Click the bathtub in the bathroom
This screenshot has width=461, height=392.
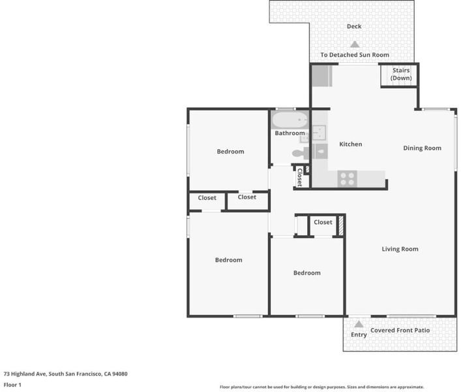[290, 120]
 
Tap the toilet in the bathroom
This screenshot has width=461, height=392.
[299, 153]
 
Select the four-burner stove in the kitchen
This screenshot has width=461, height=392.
[348, 179]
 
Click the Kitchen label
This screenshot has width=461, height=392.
[350, 144]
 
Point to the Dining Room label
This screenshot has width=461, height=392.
[422, 148]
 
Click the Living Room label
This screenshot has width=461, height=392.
[400, 249]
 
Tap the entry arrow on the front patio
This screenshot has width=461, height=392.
[359, 324]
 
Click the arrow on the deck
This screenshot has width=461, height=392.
[355, 44]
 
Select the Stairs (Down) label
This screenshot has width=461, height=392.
[401, 74]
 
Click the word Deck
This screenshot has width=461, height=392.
[354, 27]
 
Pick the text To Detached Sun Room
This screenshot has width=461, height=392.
[355, 55]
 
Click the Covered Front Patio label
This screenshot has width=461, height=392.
[400, 331]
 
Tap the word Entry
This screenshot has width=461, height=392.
[359, 335]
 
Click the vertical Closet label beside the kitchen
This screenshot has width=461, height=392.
[299, 177]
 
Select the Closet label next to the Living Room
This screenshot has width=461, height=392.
[323, 222]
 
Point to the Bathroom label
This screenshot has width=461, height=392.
[290, 133]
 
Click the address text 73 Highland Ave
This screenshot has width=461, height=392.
[25, 374]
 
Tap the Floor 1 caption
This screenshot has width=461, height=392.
[12, 385]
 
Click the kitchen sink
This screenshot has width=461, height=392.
[319, 133]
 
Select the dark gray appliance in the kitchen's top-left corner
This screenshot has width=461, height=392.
[321, 76]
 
